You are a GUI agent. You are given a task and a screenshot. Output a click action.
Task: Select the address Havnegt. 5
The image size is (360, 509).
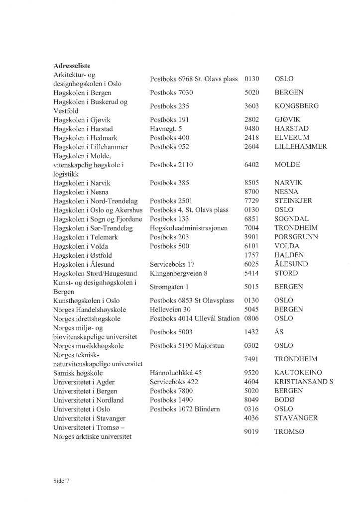(166, 129)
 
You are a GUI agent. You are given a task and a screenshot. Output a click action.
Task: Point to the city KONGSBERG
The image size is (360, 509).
(296, 106)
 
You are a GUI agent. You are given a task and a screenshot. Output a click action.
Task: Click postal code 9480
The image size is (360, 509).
(252, 129)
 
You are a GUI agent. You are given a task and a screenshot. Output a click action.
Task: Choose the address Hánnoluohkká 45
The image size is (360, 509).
(175, 373)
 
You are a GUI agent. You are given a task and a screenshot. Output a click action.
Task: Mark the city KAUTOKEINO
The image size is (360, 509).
(298, 373)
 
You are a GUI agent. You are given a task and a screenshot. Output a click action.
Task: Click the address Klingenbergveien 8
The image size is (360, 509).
(178, 273)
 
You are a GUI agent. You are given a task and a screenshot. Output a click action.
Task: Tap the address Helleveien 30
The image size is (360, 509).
(170, 309)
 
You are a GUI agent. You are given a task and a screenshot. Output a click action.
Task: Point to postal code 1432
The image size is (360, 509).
(252, 332)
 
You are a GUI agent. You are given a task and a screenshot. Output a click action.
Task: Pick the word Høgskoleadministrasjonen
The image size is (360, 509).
(188, 228)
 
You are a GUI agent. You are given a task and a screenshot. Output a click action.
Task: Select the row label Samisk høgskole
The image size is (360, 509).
(78, 373)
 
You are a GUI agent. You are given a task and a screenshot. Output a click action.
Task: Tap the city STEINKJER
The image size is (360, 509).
(293, 201)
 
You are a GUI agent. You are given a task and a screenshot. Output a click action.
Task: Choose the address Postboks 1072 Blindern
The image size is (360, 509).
(185, 409)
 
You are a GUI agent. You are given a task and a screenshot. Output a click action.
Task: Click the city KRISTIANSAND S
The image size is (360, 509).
(304, 382)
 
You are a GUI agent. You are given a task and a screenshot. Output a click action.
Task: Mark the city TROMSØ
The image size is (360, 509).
(289, 432)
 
